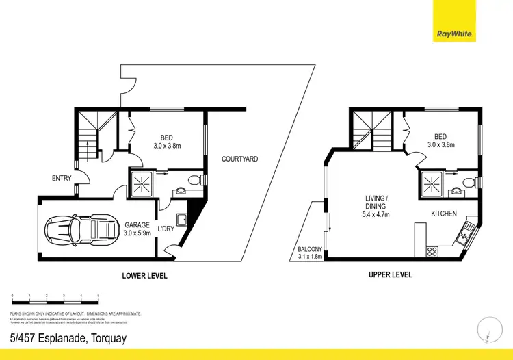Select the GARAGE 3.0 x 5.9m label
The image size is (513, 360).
coord(137,229)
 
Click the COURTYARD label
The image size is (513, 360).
coord(239,159)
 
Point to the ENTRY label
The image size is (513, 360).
coord(62,179)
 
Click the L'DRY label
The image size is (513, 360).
coord(167,229)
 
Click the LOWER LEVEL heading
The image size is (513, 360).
coord(144,276)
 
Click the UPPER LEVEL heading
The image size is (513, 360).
coord(390,275)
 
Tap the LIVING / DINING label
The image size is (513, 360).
coord(375,206)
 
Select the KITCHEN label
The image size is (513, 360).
coord(443,214)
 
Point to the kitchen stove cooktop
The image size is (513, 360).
coord(432,251)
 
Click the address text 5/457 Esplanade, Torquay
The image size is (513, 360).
coord(68,337)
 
